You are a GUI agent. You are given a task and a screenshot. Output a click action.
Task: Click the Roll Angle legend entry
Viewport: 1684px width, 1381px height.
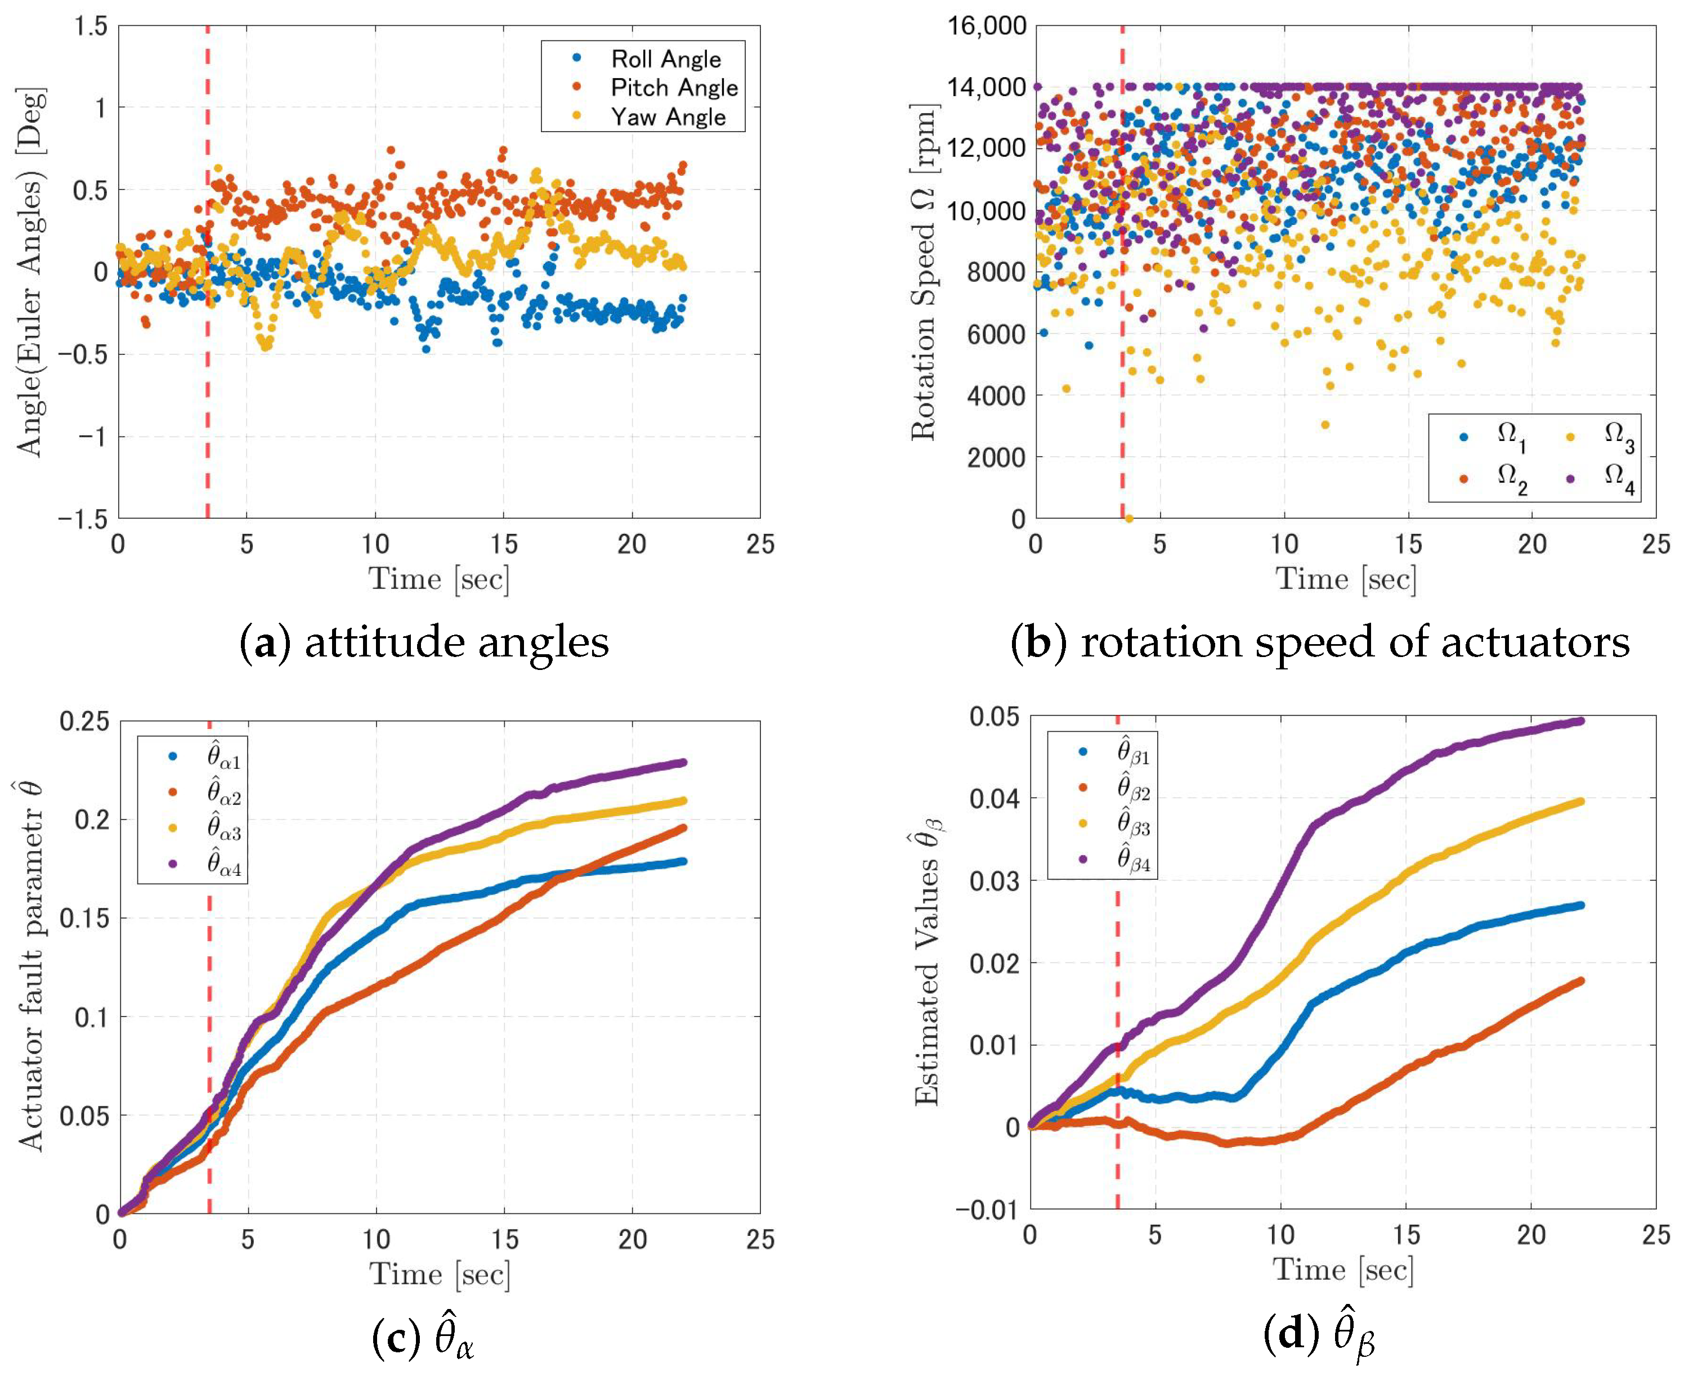[665, 59]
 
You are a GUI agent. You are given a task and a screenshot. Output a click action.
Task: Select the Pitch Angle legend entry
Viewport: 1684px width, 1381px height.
[673, 88]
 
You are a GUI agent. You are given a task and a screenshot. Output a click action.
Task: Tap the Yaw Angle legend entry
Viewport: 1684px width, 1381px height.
[668, 117]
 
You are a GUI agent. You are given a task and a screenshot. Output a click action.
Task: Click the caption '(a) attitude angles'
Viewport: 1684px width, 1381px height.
[424, 642]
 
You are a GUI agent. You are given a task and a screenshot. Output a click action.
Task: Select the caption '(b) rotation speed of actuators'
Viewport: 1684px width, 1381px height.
[1319, 642]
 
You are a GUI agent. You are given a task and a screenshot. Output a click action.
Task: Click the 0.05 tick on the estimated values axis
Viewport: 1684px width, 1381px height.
[994, 716]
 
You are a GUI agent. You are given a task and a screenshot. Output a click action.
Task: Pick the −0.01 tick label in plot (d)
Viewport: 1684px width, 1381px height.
[986, 1210]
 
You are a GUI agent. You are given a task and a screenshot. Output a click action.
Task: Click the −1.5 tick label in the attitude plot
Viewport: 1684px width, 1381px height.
[82, 519]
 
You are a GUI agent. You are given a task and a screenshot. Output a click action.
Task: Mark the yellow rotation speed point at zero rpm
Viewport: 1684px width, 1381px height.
[1128, 519]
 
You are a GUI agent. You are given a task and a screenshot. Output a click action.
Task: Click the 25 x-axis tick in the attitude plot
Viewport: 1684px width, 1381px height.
[760, 545]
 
